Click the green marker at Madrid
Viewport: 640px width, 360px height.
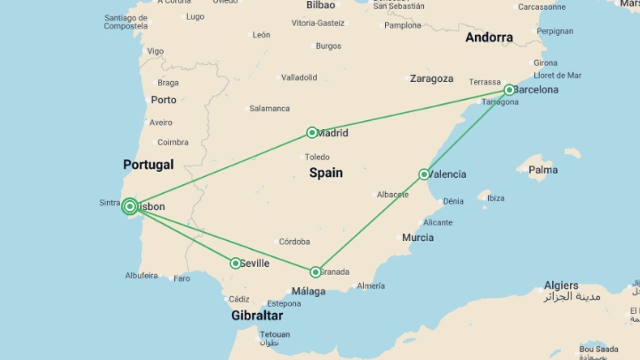(x=312, y=133)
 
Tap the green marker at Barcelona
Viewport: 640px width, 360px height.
(x=509, y=90)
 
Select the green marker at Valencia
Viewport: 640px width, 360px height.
(x=424, y=174)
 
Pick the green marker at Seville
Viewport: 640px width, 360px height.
(x=235, y=263)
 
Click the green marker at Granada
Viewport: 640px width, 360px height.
(x=315, y=272)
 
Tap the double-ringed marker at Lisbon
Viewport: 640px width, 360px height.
(x=130, y=207)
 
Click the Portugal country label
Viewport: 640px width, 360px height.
(x=148, y=165)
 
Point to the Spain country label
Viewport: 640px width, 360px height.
(x=326, y=173)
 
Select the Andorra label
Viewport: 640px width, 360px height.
(x=489, y=37)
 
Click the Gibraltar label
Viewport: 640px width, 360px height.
(x=257, y=315)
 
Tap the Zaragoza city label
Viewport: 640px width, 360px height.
(x=431, y=79)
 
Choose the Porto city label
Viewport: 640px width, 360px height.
(x=163, y=100)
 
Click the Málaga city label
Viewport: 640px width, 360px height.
(x=308, y=292)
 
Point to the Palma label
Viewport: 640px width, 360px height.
(x=543, y=170)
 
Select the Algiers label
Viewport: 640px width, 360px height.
(x=561, y=286)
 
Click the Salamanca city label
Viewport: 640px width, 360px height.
(x=269, y=108)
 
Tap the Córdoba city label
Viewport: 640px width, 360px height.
(x=294, y=242)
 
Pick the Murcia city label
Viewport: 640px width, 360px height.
(x=418, y=238)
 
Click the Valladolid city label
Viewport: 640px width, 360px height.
(x=299, y=78)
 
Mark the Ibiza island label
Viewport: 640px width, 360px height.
(x=496, y=198)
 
